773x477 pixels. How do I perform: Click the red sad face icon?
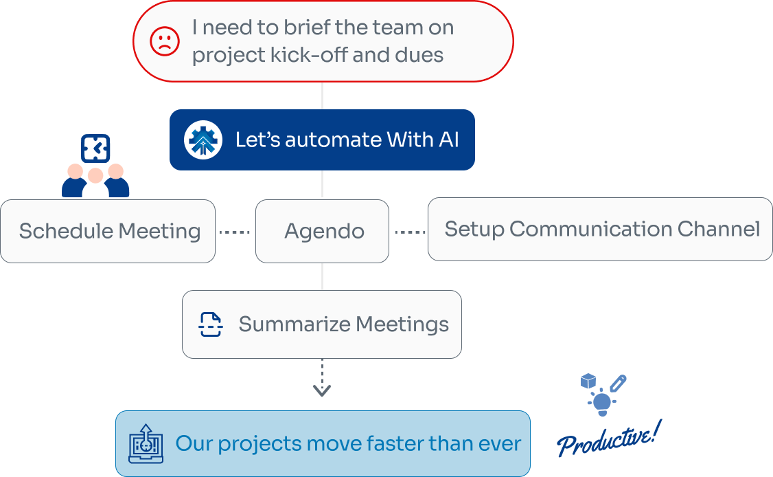pyautogui.click(x=165, y=41)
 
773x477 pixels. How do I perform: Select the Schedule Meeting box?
pyautogui.click(x=108, y=231)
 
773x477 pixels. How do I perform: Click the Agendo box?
pyautogui.click(x=322, y=231)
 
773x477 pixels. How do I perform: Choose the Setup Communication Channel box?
pyautogui.click(x=600, y=229)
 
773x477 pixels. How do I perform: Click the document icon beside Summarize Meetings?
pyautogui.click(x=211, y=324)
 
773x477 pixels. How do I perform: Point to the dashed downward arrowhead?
pyautogui.click(x=322, y=390)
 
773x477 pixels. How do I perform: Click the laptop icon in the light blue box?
pyautogui.click(x=146, y=444)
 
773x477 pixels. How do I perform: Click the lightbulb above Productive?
pyautogui.click(x=602, y=401)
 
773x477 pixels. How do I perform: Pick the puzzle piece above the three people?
pyautogui.click(x=95, y=147)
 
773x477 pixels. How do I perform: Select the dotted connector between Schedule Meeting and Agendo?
pyautogui.click(x=235, y=232)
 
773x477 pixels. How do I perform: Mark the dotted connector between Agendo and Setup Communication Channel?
pyautogui.click(x=410, y=232)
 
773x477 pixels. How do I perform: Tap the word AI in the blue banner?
pyautogui.click(x=448, y=140)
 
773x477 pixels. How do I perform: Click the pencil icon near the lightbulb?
pyautogui.click(x=618, y=383)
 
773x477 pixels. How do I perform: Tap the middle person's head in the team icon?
pyautogui.click(x=95, y=175)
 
